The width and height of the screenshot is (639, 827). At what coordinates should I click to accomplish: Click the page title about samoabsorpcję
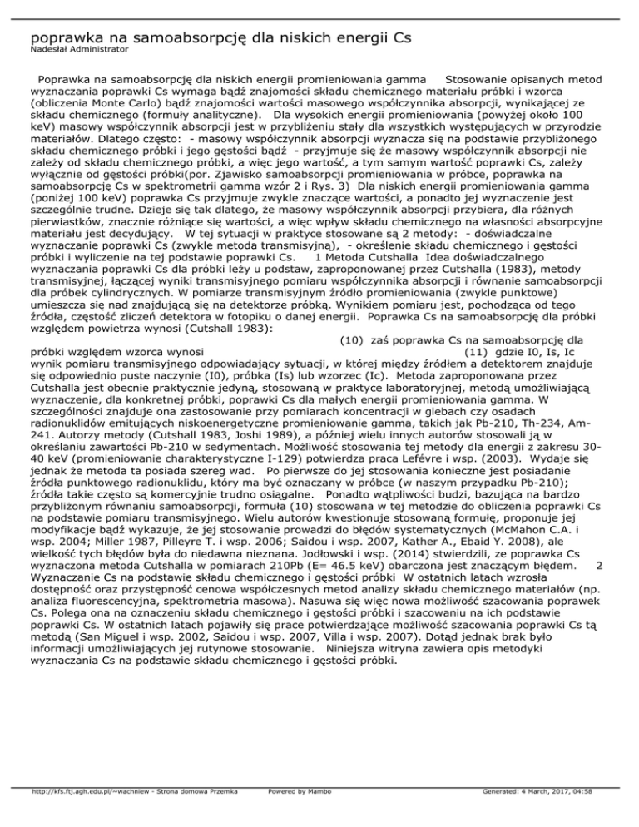(x=220, y=37)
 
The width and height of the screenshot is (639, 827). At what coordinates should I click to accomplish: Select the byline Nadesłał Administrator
(x=79, y=51)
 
